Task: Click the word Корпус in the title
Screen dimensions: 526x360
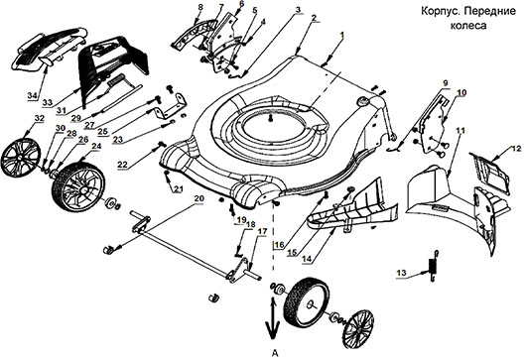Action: coord(436,12)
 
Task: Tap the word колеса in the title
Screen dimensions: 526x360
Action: coord(468,26)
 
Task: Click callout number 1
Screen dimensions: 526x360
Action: coord(341,34)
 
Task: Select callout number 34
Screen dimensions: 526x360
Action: coord(32,96)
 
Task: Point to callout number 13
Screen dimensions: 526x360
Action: coord(401,273)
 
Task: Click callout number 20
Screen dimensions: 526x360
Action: coord(198,198)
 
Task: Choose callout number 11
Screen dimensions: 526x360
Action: coord(460,130)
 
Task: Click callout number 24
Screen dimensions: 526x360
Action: coord(96,147)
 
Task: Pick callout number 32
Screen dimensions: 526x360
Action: coord(40,118)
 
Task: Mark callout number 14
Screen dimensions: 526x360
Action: coord(307,259)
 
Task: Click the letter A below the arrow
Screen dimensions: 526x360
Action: coord(275,353)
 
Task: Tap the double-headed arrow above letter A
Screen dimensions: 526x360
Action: coord(272,318)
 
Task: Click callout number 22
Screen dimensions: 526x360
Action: coord(122,165)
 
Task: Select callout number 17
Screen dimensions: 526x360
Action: coord(263,232)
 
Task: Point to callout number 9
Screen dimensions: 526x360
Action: coord(446,82)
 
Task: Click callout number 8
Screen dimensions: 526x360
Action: coord(200,6)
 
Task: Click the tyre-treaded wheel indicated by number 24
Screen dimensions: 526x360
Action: coord(78,186)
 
